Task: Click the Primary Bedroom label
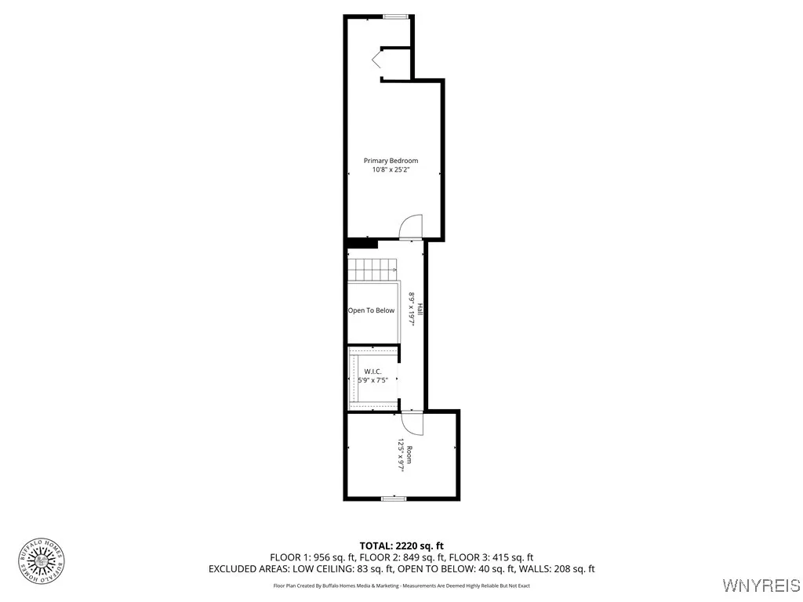(391, 161)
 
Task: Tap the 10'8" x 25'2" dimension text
(391, 170)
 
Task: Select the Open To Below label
(372, 310)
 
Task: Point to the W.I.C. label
(372, 371)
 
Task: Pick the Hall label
(420, 309)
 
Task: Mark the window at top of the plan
(395, 16)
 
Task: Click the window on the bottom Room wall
(393, 498)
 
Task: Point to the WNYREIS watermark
(761, 586)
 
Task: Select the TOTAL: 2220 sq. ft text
(401, 546)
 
